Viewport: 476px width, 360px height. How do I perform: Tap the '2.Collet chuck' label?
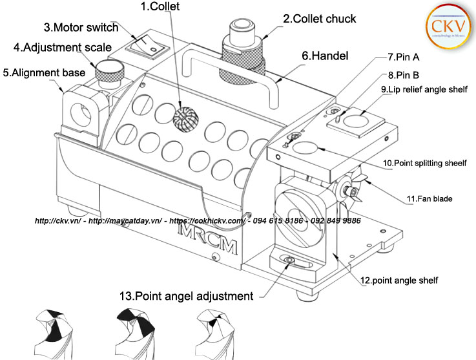[319, 19]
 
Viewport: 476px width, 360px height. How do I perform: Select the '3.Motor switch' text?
[81, 28]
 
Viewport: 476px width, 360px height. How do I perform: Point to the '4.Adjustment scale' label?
[63, 47]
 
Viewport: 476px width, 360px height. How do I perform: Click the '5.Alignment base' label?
[44, 73]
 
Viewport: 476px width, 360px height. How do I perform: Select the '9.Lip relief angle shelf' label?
[423, 89]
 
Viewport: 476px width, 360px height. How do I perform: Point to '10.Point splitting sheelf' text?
[425, 164]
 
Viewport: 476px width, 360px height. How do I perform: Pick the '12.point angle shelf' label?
[400, 281]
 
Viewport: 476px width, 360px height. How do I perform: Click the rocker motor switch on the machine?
[145, 43]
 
